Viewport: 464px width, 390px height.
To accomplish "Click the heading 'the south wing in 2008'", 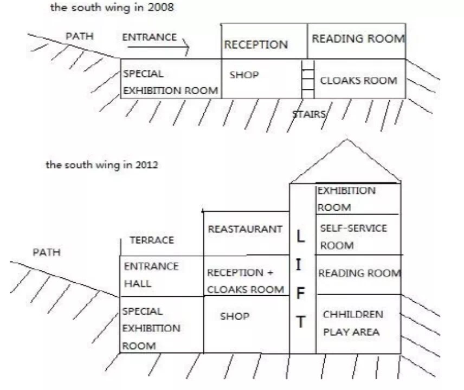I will pos(112,8).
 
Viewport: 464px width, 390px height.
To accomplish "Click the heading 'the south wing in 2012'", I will pos(101,165).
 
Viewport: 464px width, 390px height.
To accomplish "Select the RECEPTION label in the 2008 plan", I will pos(256,45).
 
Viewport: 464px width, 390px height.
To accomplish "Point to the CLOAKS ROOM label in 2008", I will pos(358,81).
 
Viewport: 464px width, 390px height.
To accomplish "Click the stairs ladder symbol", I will pos(308,79).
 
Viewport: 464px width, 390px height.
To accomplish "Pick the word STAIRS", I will pos(309,114).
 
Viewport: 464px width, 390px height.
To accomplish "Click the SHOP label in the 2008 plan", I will pos(244,75).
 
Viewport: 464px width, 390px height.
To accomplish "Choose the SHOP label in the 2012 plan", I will pos(235,316).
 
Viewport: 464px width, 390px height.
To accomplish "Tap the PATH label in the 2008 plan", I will pos(79,36).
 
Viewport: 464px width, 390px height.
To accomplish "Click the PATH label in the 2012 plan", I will pos(47,252).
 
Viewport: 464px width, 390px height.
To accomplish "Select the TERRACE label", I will pos(152,240).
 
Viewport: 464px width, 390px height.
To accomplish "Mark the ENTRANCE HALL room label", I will pos(151,275).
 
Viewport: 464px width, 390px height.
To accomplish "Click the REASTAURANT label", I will pos(245,229).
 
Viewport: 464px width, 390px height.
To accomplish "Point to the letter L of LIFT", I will pos(301,237).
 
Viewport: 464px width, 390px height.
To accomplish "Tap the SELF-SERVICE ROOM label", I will pos(353,237).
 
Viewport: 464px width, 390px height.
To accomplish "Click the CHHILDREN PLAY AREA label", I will pos(352,323).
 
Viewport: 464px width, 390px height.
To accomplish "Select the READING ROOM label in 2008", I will pos(358,39).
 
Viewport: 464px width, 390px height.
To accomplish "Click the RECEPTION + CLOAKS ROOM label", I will pos(245,281).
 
